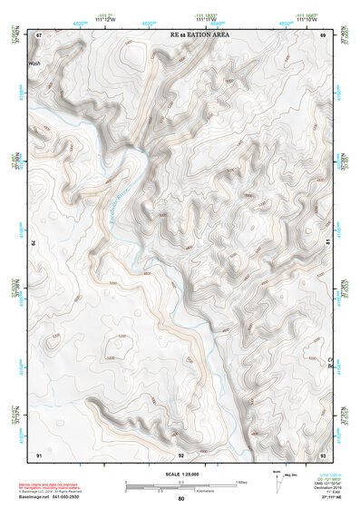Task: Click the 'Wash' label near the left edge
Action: click(35, 64)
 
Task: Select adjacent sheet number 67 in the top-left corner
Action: click(39, 34)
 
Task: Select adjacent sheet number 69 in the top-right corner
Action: click(323, 34)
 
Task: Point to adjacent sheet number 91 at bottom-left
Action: click(39, 454)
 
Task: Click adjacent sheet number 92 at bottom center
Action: click(180, 454)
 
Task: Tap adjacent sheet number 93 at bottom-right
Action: click(323, 454)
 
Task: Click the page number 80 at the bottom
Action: click(180, 499)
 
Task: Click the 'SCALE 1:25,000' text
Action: click(180, 474)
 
